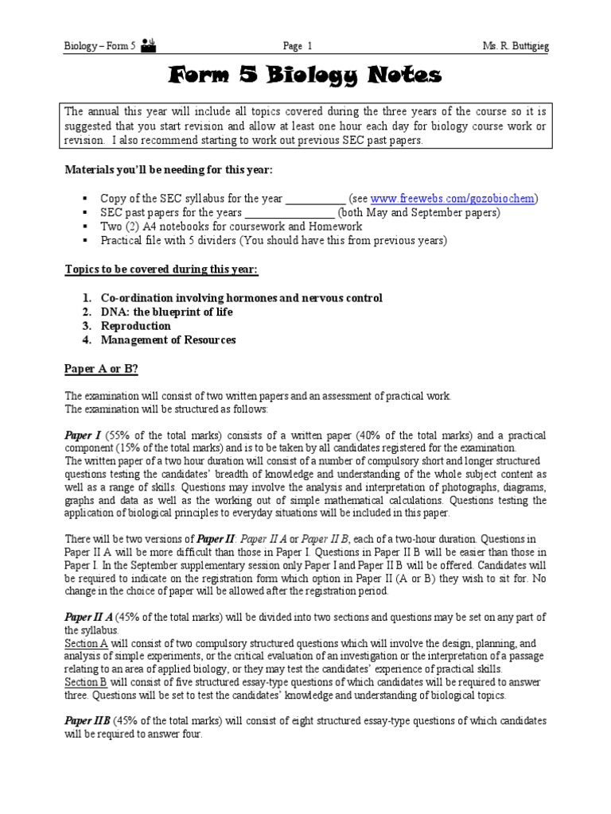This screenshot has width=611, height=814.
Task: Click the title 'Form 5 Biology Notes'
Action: pyautogui.click(x=305, y=76)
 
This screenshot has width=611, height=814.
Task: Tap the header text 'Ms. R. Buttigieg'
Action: pyautogui.click(x=515, y=47)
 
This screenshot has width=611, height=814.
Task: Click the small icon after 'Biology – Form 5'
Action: pyautogui.click(x=148, y=47)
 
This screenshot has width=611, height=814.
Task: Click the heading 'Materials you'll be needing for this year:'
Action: pyautogui.click(x=167, y=169)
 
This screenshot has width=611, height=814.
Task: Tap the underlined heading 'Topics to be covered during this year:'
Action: pyautogui.click(x=161, y=269)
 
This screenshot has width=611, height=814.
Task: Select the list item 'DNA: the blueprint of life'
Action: pyautogui.click(x=166, y=312)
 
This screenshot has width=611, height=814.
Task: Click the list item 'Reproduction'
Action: pyautogui.click(x=135, y=327)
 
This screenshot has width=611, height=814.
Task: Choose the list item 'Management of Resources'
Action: pyautogui.click(x=168, y=341)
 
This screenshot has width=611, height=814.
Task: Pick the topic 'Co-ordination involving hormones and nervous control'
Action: pyautogui.click(x=241, y=298)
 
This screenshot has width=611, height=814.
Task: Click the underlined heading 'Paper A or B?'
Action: pyautogui.click(x=101, y=370)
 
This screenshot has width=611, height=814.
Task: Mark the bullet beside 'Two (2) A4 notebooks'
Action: pyautogui.click(x=84, y=227)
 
